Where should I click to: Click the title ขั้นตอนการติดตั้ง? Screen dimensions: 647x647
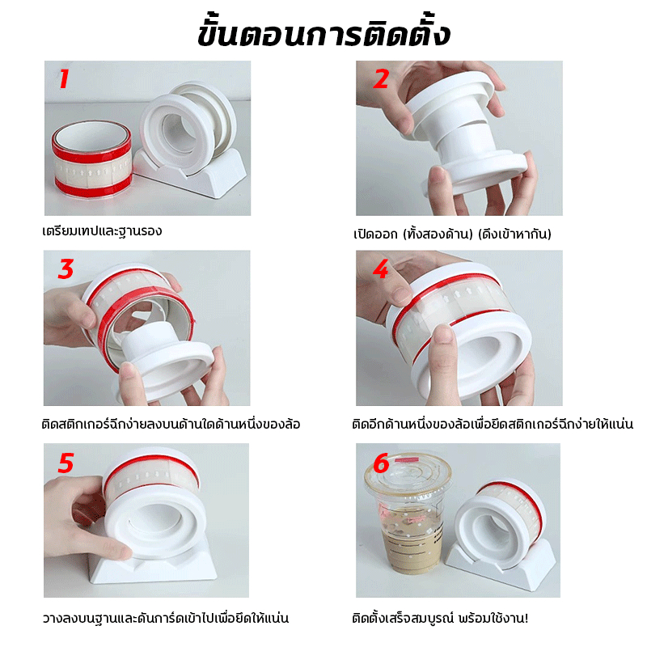[x=323, y=32]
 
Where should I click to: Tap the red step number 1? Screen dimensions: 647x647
[x=64, y=78]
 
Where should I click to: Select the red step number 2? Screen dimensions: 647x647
[x=380, y=78]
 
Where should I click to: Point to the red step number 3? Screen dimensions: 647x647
[x=66, y=269]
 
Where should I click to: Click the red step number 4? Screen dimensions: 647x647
[x=380, y=269]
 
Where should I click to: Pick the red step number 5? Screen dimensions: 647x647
[x=66, y=463]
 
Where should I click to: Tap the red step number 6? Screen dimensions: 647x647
[x=381, y=463]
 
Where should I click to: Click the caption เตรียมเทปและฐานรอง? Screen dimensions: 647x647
[x=102, y=231]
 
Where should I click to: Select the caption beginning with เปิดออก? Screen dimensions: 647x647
[x=452, y=234]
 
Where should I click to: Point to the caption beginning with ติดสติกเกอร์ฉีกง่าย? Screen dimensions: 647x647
[x=171, y=424]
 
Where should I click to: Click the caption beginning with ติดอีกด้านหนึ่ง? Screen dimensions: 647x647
[x=493, y=424]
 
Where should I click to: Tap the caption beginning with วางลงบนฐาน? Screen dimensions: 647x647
[x=166, y=618]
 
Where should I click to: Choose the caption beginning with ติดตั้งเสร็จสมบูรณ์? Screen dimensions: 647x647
[x=440, y=618]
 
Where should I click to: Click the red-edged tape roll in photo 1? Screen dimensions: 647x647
[x=91, y=159]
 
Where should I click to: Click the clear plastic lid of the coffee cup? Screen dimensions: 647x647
[x=408, y=476]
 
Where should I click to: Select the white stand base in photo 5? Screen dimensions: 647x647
[x=153, y=565]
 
